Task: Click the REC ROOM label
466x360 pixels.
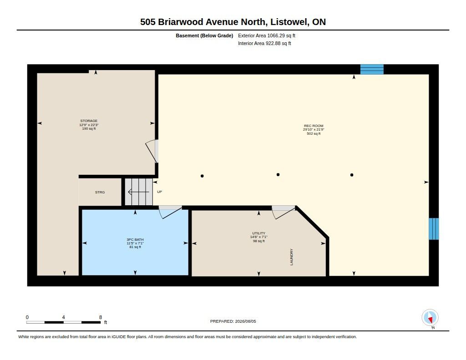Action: point(314,126)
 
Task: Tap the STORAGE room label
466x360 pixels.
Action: point(89,121)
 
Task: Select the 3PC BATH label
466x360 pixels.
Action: point(135,239)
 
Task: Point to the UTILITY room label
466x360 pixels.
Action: point(258,233)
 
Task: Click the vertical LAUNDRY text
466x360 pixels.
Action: point(291,257)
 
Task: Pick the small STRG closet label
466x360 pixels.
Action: point(100,193)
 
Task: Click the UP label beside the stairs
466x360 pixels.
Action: point(160,192)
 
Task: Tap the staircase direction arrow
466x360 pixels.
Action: point(138,192)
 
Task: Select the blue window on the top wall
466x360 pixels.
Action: point(372,69)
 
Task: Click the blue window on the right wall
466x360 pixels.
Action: point(434,228)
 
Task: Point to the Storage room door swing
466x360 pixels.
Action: point(152,151)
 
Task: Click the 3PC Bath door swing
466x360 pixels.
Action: point(170,212)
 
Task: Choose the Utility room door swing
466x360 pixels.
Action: point(283,212)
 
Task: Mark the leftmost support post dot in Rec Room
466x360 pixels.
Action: point(202,176)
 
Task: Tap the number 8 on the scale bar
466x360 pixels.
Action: point(101,317)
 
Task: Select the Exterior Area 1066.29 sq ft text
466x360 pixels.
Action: point(267,35)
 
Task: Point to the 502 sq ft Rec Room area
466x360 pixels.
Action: point(314,134)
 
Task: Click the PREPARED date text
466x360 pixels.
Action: point(233,321)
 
